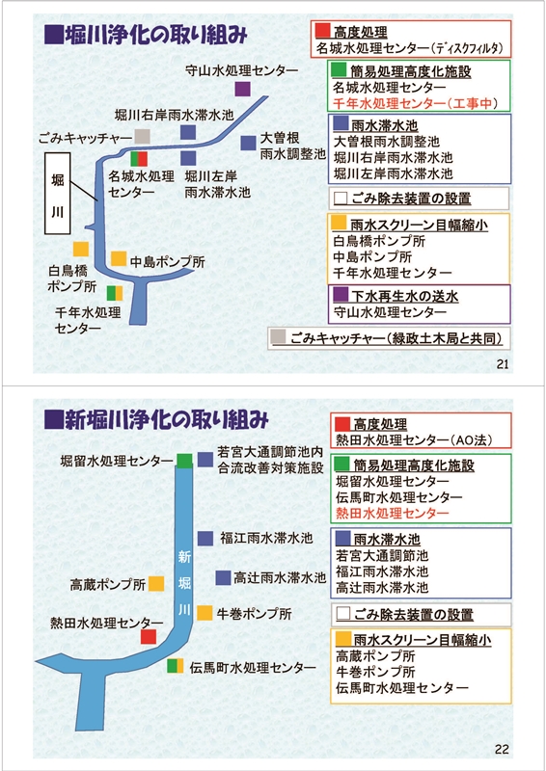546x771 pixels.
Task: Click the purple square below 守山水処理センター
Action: point(242,89)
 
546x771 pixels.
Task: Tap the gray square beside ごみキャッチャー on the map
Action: point(142,136)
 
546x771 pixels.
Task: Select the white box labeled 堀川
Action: point(58,194)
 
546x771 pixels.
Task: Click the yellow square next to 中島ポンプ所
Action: point(119,258)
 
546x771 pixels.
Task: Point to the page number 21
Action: point(503,364)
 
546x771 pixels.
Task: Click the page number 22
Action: point(502,750)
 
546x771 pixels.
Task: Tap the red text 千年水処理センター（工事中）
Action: point(415,103)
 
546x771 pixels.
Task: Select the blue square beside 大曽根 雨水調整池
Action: point(248,143)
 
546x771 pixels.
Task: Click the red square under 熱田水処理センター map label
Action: point(149,636)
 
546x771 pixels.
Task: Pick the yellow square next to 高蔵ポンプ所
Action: point(156,584)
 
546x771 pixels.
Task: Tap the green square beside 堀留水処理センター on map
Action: point(184,461)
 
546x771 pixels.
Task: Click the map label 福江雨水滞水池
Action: point(266,538)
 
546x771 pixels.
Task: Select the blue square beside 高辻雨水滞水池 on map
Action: point(223,577)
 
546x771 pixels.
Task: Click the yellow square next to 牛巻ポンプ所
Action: point(205,613)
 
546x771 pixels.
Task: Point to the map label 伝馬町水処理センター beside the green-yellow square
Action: point(253,667)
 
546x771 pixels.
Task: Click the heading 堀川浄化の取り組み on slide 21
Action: point(146,36)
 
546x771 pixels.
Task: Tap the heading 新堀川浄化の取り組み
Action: point(156,420)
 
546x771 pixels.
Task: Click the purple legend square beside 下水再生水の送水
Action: point(341,294)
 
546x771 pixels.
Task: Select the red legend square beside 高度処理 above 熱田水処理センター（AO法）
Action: point(342,424)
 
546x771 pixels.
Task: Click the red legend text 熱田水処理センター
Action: point(393,514)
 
